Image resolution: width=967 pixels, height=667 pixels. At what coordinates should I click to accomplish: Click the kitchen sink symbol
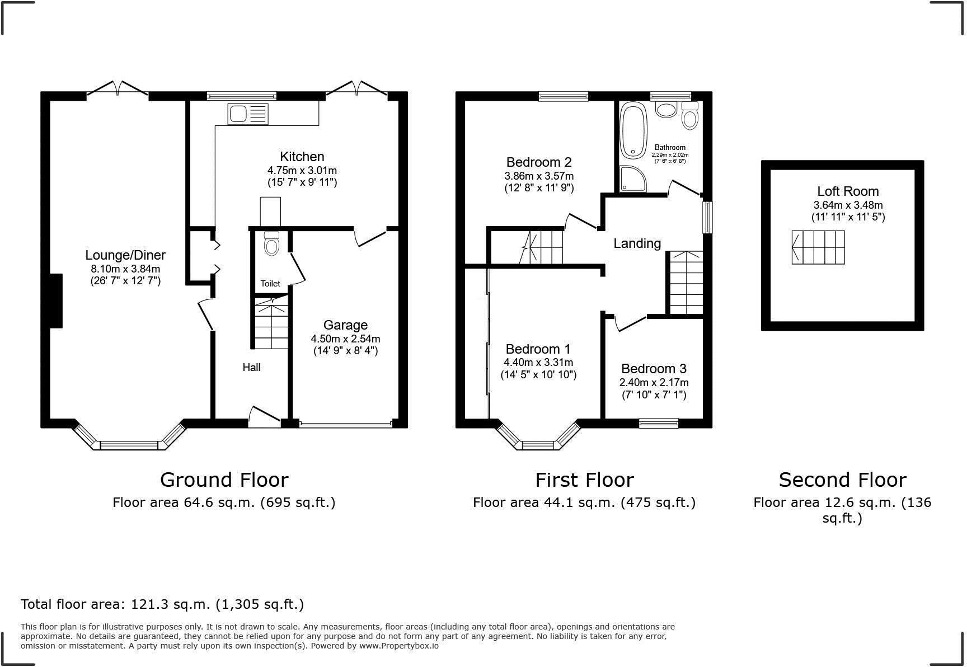point(248,114)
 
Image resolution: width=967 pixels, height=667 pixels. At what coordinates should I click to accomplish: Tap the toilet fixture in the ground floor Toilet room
point(271,244)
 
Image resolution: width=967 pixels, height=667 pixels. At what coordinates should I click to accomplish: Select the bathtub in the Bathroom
point(633,129)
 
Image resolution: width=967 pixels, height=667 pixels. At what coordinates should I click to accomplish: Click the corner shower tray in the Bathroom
point(633,179)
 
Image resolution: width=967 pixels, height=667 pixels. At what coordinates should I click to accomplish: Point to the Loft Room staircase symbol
point(818,247)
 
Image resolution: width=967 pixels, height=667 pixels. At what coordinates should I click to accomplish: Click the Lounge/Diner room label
point(125,255)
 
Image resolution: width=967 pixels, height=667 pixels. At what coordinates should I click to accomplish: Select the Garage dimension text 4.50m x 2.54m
point(345,339)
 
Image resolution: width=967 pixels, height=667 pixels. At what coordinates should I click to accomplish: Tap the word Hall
point(251,368)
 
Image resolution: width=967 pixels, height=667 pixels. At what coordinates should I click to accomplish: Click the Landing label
point(637,243)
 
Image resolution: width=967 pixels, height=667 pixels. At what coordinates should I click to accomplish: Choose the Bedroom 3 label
point(654,369)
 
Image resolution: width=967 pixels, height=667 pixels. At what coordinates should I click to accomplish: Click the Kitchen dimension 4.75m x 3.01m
point(302,170)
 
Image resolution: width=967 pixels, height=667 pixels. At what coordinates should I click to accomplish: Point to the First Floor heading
point(584,480)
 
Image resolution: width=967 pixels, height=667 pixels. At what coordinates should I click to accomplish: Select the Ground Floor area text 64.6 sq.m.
point(224,502)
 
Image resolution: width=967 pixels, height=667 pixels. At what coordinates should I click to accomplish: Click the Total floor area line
point(162,604)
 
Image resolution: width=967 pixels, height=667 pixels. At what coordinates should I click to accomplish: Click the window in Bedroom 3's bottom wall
point(659,423)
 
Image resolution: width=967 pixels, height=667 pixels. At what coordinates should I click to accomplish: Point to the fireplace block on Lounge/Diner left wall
point(56,300)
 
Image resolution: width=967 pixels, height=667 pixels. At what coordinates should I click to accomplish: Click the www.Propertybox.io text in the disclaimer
point(398,646)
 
